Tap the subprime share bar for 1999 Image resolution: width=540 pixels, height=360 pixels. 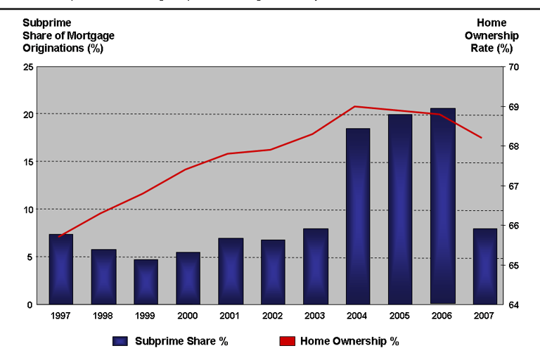pyautogui.click(x=146, y=281)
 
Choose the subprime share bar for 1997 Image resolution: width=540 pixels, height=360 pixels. pyautogui.click(x=60, y=269)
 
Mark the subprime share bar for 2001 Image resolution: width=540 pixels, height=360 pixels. pyautogui.click(x=231, y=271)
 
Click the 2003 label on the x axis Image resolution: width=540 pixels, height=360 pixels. pyautogui.click(x=316, y=316)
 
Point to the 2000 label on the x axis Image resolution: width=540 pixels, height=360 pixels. pyautogui.click(x=188, y=316)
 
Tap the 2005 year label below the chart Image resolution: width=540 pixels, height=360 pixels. pyautogui.click(x=400, y=316)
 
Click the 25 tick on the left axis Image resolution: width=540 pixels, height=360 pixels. pyautogui.click(x=27, y=67)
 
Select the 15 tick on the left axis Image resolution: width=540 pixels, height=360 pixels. pyautogui.click(x=27, y=162)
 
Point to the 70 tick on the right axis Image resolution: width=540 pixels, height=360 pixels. pyautogui.click(x=513, y=67)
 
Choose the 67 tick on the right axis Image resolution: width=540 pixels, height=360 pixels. pyautogui.click(x=513, y=186)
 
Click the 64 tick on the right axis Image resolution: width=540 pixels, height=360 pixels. pyautogui.click(x=513, y=304)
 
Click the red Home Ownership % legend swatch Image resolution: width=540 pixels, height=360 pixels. pyautogui.click(x=287, y=341)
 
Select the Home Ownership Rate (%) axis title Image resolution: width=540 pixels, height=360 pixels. pyautogui.click(x=491, y=36)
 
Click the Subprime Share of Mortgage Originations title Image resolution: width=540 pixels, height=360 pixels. pyautogui.click(x=68, y=36)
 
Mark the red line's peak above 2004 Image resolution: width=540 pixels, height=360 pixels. pyautogui.click(x=354, y=106)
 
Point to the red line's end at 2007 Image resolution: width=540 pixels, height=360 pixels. pyautogui.click(x=482, y=138)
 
